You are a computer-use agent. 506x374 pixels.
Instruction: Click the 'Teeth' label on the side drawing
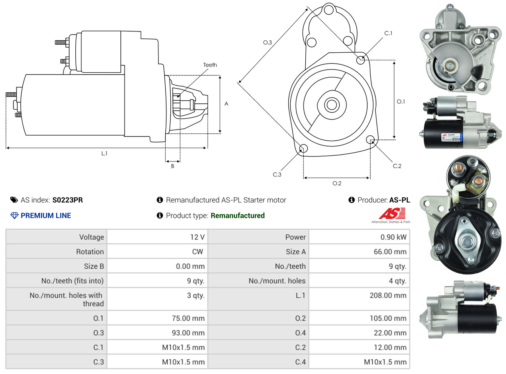pyautogui.click(x=210, y=65)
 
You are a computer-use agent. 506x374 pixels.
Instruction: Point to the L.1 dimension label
pyautogui.click(x=104, y=153)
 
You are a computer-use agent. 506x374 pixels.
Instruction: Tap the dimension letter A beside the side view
pyautogui.click(x=226, y=104)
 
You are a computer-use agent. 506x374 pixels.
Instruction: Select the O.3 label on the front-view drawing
pyautogui.click(x=267, y=42)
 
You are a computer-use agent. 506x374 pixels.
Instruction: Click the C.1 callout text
pyautogui.click(x=388, y=33)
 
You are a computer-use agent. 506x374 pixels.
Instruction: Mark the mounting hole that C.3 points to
pyautogui.click(x=303, y=148)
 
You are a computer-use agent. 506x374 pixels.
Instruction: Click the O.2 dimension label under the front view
pyautogui.click(x=337, y=183)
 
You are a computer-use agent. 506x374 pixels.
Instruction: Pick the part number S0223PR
pyautogui.click(x=68, y=200)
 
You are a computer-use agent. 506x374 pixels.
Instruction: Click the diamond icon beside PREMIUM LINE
pyautogui.click(x=14, y=216)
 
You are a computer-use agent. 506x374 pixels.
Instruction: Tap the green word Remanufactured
pyautogui.click(x=238, y=216)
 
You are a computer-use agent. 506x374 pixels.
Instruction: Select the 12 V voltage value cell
pyautogui.click(x=197, y=237)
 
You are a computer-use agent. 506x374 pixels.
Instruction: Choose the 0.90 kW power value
pyautogui.click(x=393, y=237)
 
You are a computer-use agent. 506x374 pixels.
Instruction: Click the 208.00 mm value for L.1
pyautogui.click(x=388, y=296)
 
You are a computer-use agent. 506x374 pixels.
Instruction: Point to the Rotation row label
pyautogui.click(x=90, y=252)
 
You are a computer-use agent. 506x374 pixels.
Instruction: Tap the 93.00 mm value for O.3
pyautogui.click(x=188, y=333)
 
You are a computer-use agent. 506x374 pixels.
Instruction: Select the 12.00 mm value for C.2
pyautogui.click(x=390, y=347)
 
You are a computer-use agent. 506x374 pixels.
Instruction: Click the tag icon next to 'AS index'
pyautogui.click(x=14, y=200)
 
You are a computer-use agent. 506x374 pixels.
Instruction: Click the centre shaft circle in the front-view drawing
pyautogui.click(x=331, y=105)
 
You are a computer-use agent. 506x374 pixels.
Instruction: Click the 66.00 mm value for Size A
pyautogui.click(x=390, y=252)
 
